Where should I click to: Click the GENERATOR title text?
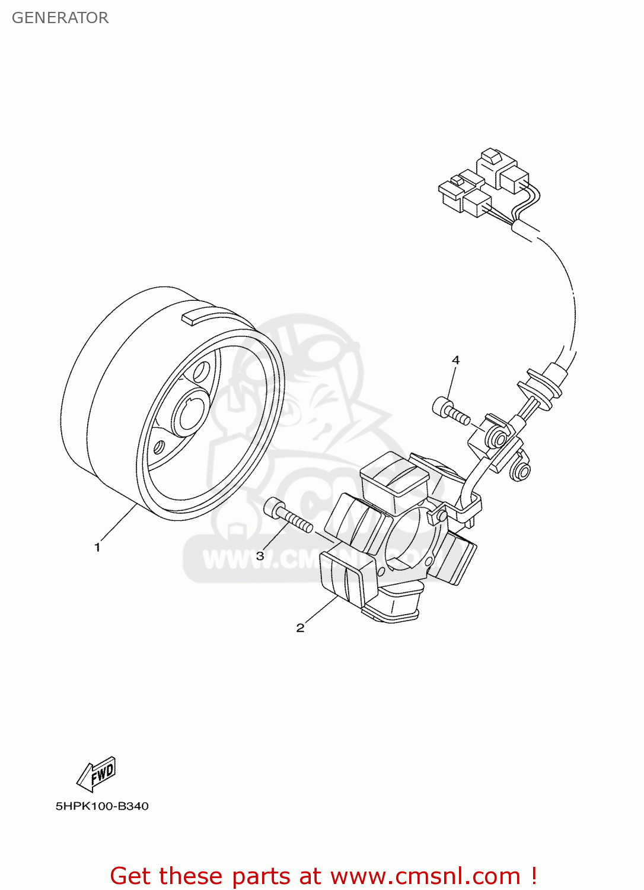pyautogui.click(x=60, y=18)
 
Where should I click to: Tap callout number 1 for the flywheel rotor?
pyautogui.click(x=97, y=547)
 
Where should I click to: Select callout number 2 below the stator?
pyautogui.click(x=300, y=628)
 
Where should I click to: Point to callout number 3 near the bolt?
pyautogui.click(x=260, y=556)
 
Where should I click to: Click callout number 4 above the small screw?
pyautogui.click(x=455, y=360)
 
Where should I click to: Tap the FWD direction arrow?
pyautogui.click(x=97, y=774)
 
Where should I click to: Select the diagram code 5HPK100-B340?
pyautogui.click(x=102, y=806)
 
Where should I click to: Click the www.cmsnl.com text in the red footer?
pyautogui.click(x=425, y=876)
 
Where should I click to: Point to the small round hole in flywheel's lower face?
pyautogui.click(x=159, y=447)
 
